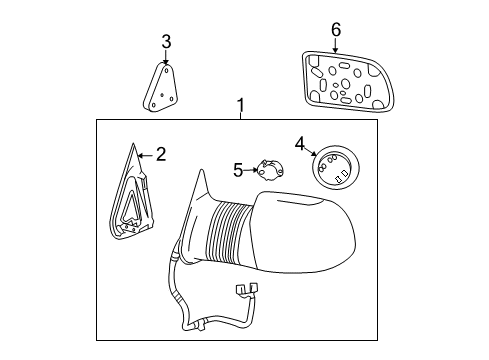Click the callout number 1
click(240, 104)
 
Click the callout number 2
click(160, 155)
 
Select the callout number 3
click(167, 41)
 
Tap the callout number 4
click(299, 146)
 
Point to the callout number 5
click(238, 170)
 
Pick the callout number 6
click(336, 30)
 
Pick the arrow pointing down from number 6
click(336, 45)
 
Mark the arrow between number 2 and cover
click(145, 155)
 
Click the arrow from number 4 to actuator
click(311, 154)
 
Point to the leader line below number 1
click(240, 115)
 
